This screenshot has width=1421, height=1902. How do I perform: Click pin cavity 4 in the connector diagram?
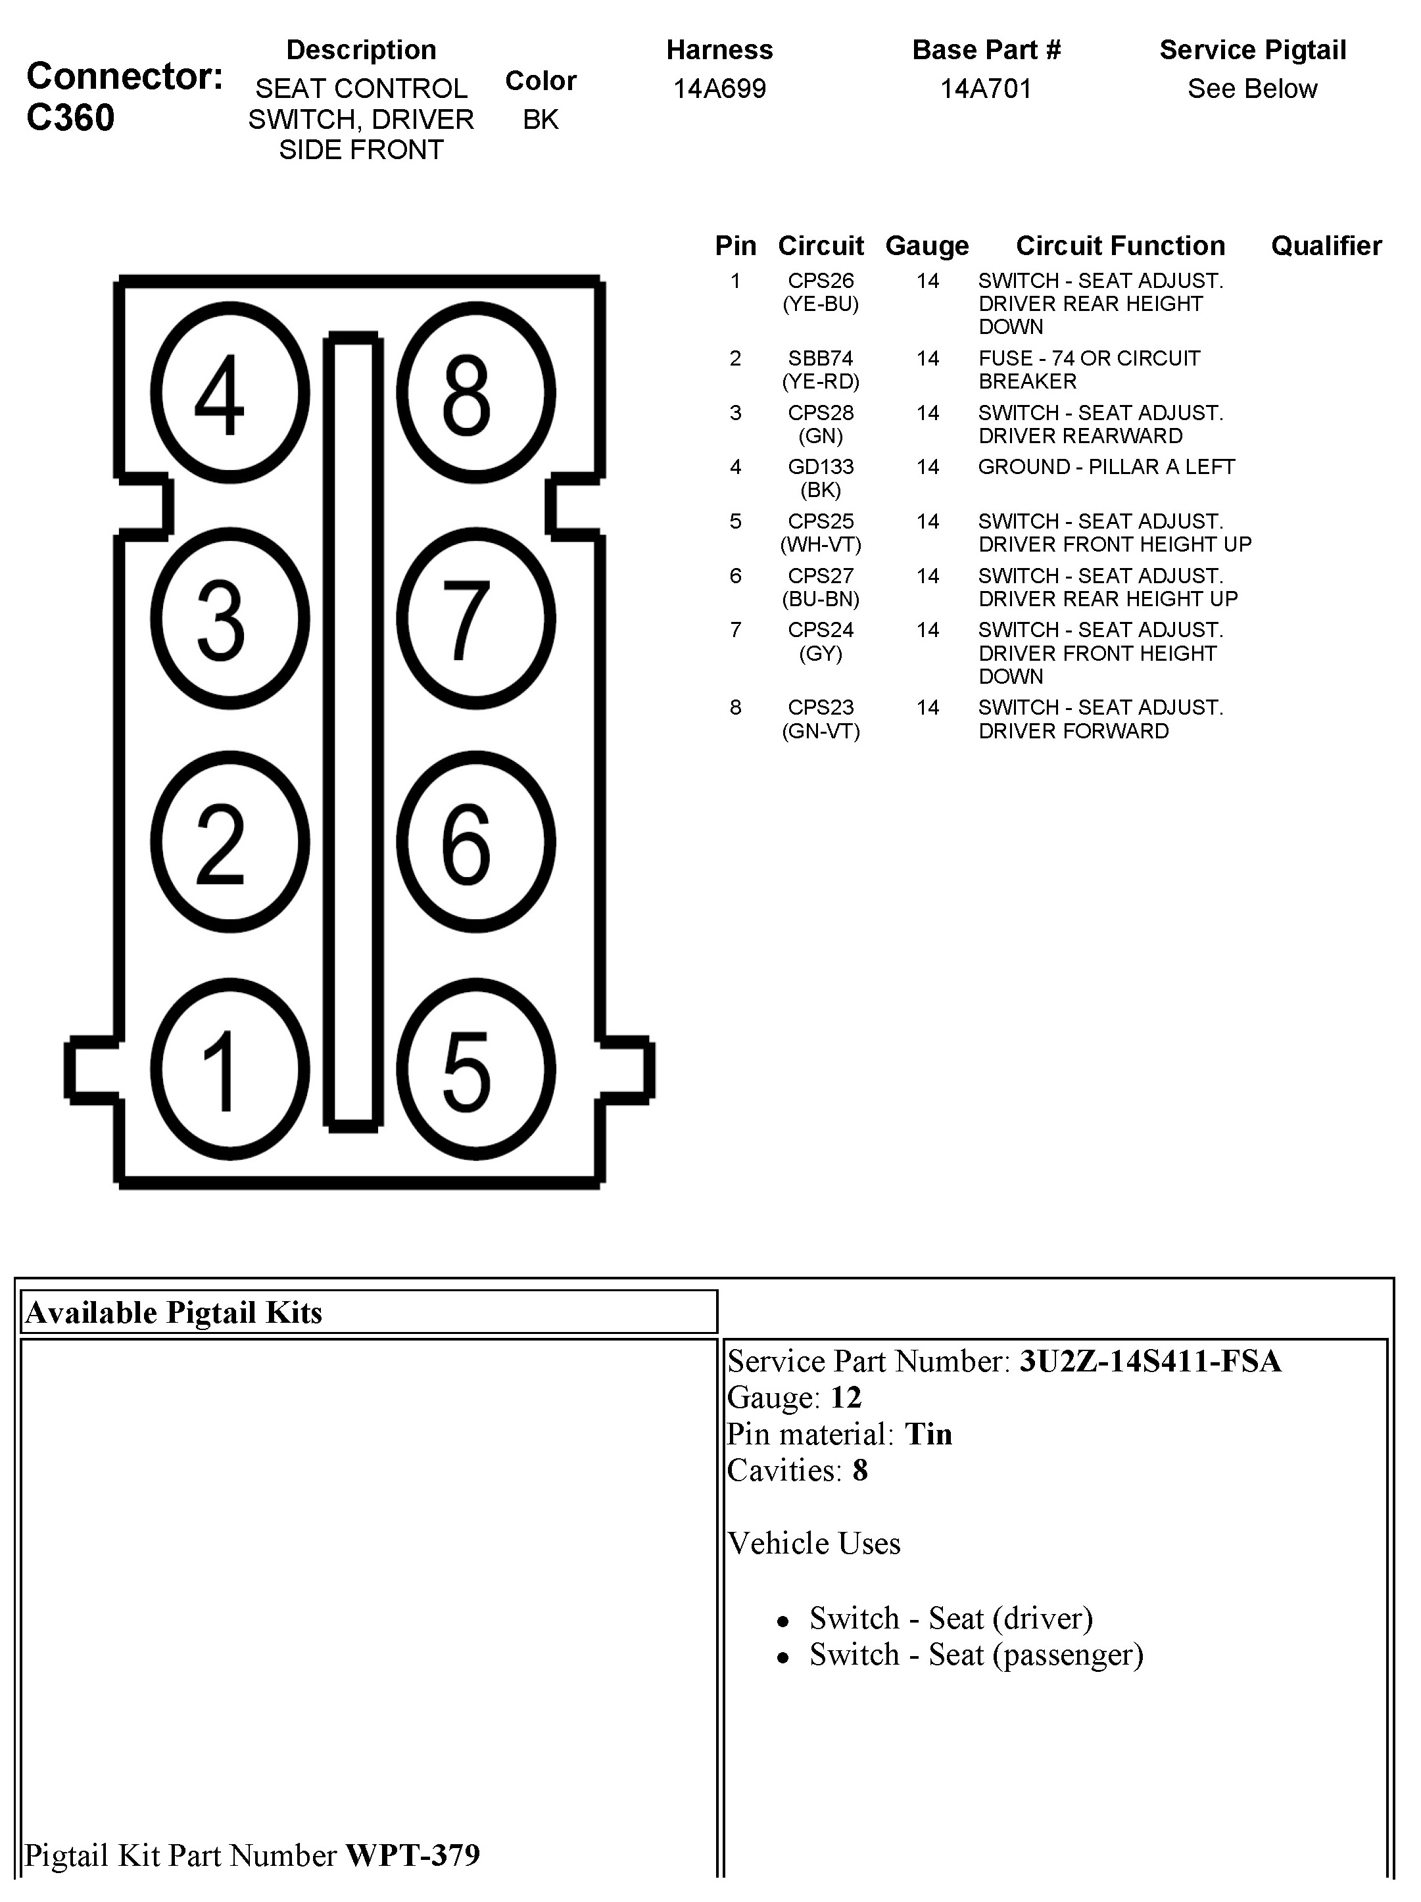(x=229, y=393)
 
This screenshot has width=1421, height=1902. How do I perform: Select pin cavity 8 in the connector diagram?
(x=475, y=393)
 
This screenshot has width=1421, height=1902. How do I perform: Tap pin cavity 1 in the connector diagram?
(x=229, y=1070)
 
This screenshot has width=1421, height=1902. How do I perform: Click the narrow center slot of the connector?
(x=352, y=731)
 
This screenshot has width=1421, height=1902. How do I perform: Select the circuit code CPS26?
(x=821, y=281)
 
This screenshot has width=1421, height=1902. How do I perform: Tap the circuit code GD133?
(x=821, y=467)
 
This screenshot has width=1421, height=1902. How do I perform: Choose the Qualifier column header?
(x=1326, y=246)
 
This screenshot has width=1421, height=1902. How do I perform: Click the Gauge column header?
(x=927, y=246)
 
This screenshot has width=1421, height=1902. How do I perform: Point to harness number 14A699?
(x=719, y=89)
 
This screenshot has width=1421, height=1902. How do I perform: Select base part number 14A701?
(x=986, y=89)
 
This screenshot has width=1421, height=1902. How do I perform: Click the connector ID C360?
(x=70, y=118)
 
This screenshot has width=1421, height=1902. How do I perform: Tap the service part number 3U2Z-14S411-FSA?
(x=1150, y=1361)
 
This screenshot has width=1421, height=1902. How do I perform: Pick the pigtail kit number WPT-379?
(x=412, y=1855)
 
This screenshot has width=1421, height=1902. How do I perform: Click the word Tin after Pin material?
(x=928, y=1435)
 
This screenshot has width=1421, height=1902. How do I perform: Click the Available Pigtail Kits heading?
(x=174, y=1313)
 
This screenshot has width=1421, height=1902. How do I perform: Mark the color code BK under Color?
(x=540, y=120)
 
